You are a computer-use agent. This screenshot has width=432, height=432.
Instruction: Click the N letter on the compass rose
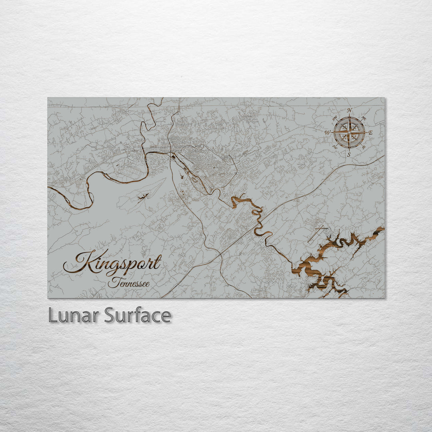pos(350,110)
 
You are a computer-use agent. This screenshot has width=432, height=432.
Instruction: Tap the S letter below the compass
pos(349,154)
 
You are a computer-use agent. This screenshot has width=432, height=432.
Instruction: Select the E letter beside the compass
pos(370,132)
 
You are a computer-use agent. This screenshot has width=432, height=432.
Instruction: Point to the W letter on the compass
pos(327,132)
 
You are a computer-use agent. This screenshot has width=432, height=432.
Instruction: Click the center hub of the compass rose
pos(349,132)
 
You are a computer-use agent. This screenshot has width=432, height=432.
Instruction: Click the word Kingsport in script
pos(113,264)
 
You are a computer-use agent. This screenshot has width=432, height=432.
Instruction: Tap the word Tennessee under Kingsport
pos(129,284)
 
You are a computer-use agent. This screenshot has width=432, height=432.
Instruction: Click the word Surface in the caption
pos(138,316)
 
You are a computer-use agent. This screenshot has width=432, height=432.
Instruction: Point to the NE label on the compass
pos(364,118)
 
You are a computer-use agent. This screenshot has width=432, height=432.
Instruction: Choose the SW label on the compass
pos(334,147)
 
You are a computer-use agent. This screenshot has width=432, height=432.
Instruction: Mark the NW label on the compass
pos(334,118)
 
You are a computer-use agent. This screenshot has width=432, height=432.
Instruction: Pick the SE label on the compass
pos(364,147)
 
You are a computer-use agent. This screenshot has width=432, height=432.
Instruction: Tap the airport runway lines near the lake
pos(317,234)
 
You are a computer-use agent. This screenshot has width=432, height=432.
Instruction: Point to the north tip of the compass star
pos(349,115)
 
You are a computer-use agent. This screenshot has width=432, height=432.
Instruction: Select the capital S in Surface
pos(110,316)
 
